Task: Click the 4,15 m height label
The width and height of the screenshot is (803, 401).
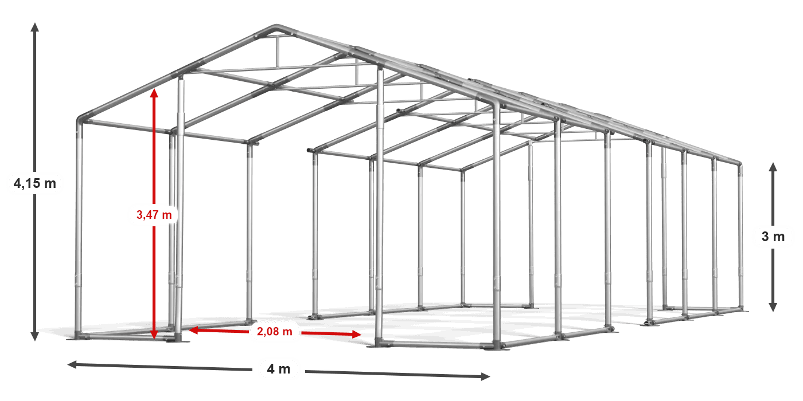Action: pyautogui.click(x=35, y=184)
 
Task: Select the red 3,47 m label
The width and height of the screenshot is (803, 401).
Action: pyautogui.click(x=154, y=215)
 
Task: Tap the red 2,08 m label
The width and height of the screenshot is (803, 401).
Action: pyautogui.click(x=275, y=332)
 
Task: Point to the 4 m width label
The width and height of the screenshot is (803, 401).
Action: pyautogui.click(x=279, y=369)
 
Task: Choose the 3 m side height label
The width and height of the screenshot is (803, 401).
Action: pyautogui.click(x=773, y=237)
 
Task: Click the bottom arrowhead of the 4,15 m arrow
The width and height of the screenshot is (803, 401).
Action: pyautogui.click(x=35, y=336)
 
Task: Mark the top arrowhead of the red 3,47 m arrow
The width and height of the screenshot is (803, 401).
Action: pyautogui.click(x=154, y=93)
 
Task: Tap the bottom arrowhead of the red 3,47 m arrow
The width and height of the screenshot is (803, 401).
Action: pyautogui.click(x=154, y=335)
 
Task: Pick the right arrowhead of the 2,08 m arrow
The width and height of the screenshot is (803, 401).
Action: pyautogui.click(x=356, y=335)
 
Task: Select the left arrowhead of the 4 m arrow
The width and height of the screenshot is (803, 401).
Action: pyautogui.click(x=72, y=364)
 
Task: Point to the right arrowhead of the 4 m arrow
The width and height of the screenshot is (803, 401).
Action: pyautogui.click(x=485, y=376)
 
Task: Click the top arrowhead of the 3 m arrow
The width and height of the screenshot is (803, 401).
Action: pyautogui.click(x=773, y=167)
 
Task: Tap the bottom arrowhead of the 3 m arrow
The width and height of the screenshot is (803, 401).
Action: pyautogui.click(x=773, y=307)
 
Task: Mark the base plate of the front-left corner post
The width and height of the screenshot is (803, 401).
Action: pyautogui.click(x=78, y=337)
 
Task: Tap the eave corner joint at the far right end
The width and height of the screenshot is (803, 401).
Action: pyautogui.click(x=739, y=164)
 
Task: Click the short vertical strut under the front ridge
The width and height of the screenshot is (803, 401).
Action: pyautogui.click(x=277, y=51)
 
